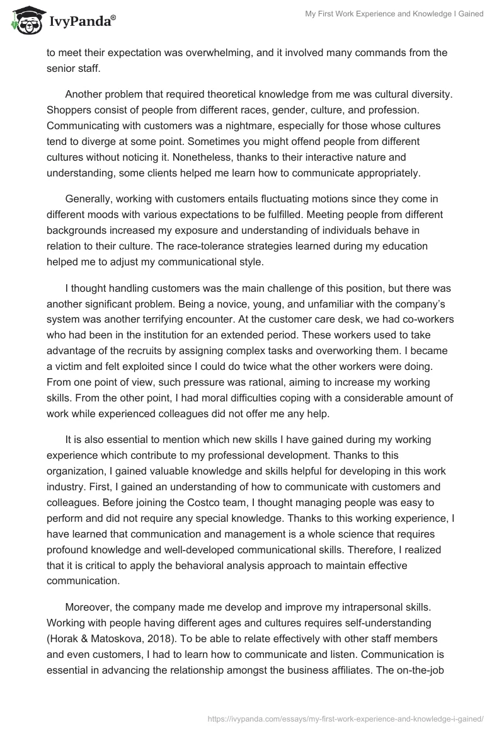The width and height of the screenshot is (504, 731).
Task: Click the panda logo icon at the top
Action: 24,21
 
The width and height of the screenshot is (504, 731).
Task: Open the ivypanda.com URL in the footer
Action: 345,718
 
